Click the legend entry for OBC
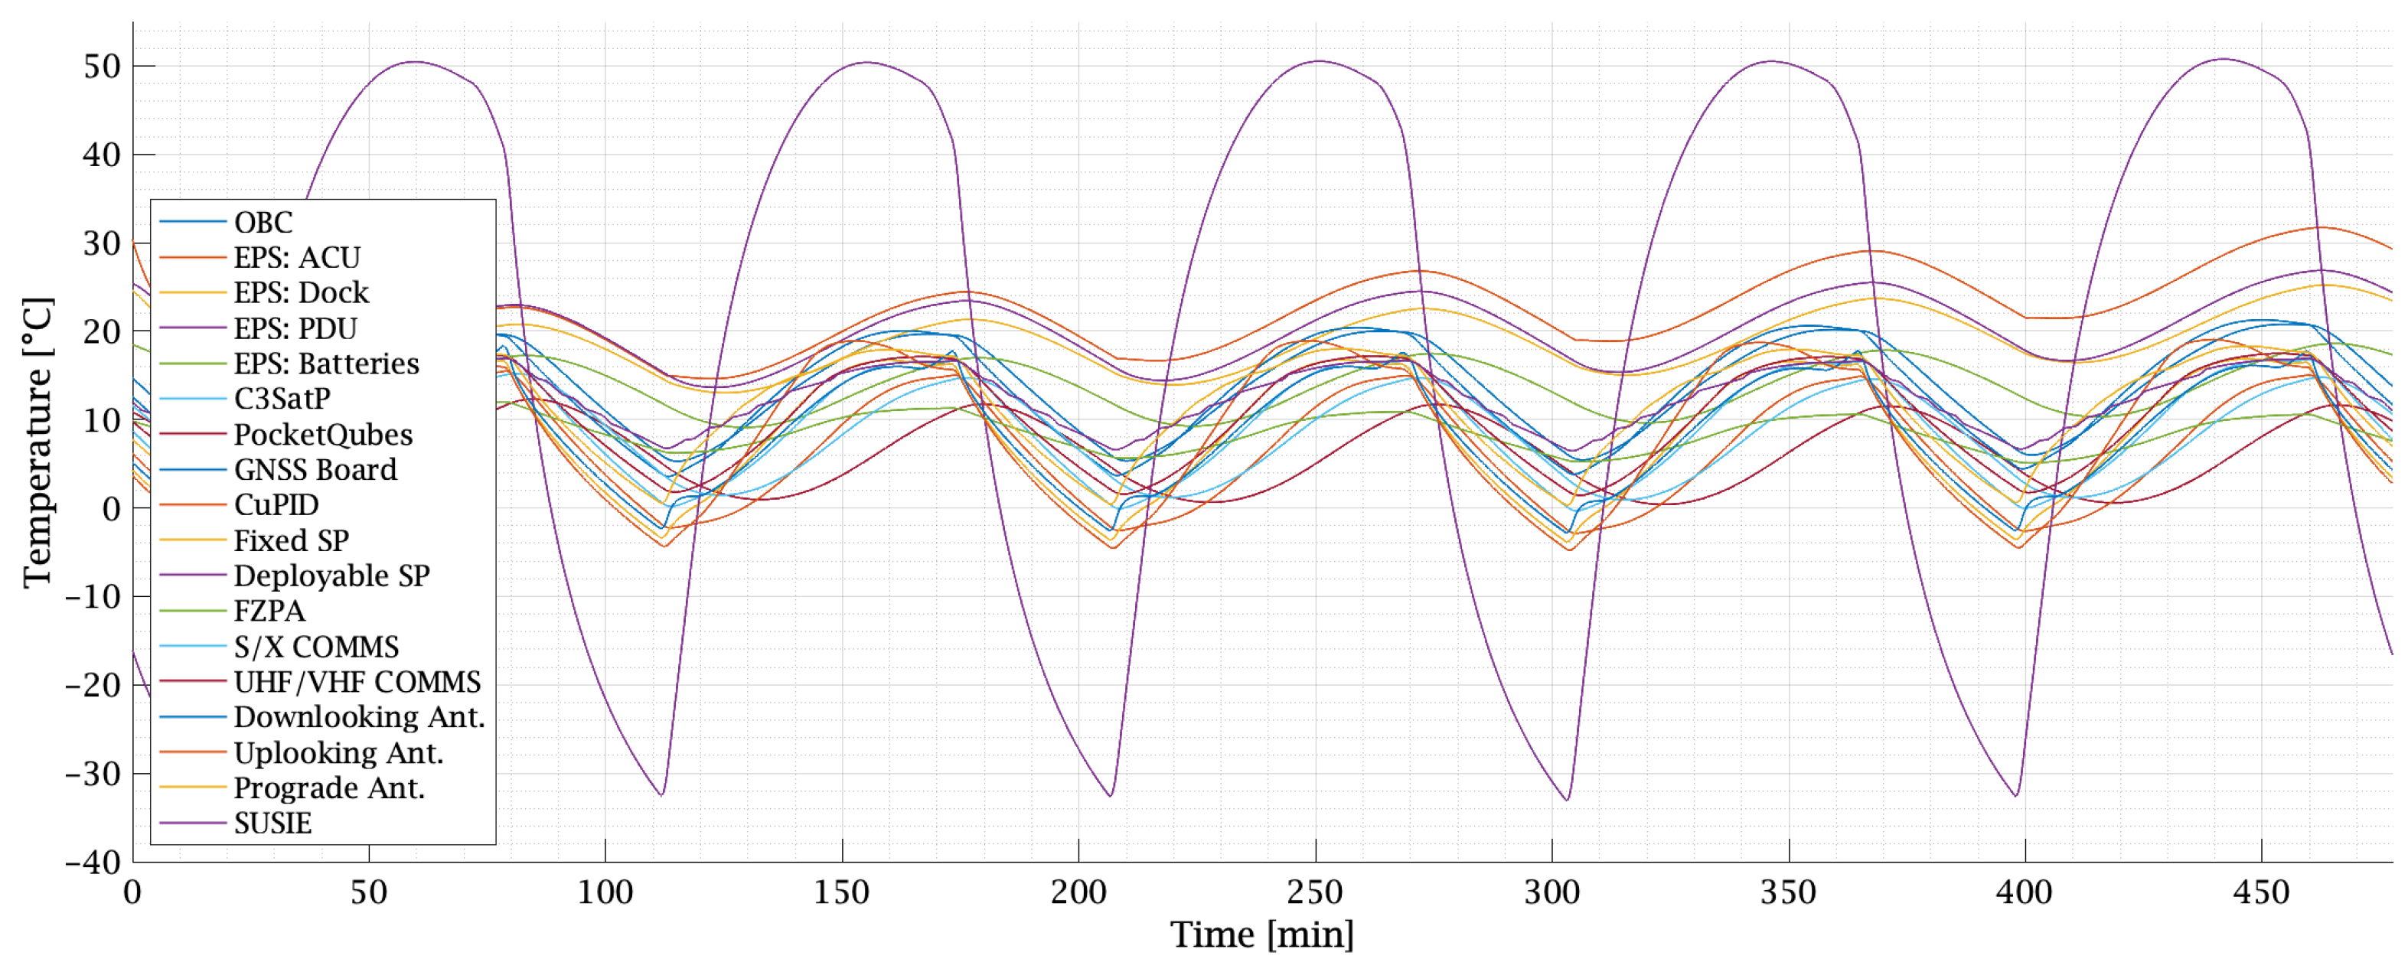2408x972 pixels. coord(263,223)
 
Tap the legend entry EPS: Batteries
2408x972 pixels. coord(326,364)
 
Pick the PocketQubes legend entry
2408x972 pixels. coord(322,435)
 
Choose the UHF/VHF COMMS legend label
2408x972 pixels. coord(357,682)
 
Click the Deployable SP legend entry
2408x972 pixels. coord(332,576)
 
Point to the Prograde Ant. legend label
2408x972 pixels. coord(329,788)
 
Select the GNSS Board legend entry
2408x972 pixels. coord(315,470)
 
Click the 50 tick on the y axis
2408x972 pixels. coord(102,67)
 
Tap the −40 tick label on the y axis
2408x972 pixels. coord(94,862)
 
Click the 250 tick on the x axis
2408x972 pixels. coord(1315,892)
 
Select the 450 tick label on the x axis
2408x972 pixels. coord(2261,892)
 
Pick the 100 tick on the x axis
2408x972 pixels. coord(605,892)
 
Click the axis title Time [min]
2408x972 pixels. coord(1262,935)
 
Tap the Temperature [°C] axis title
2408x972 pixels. coord(38,442)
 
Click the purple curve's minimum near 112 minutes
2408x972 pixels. coord(662,795)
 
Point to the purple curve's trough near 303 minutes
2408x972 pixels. coord(1568,800)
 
